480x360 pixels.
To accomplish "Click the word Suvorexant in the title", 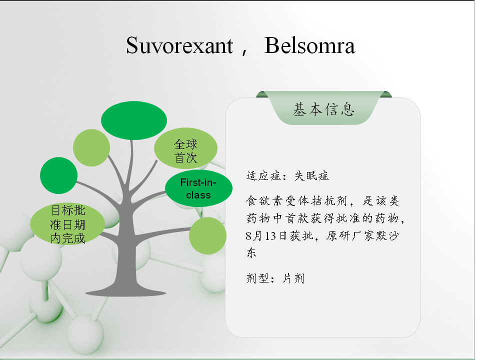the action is (179, 45).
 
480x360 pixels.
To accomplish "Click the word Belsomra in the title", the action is (309, 45).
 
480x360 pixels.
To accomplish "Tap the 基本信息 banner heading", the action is (323, 109).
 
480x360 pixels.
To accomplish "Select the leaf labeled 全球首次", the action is (185, 148).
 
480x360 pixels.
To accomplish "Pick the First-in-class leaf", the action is (198, 188).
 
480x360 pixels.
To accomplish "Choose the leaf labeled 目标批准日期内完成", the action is (67, 224).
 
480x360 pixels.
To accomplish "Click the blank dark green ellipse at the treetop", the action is (134, 120).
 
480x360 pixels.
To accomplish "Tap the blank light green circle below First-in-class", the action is (208, 235).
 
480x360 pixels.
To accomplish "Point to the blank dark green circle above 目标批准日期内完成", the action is (59, 175).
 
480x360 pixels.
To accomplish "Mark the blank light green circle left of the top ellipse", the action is (91, 147).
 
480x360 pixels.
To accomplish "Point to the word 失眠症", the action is (311, 175).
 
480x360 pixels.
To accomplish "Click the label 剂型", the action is (258, 278).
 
